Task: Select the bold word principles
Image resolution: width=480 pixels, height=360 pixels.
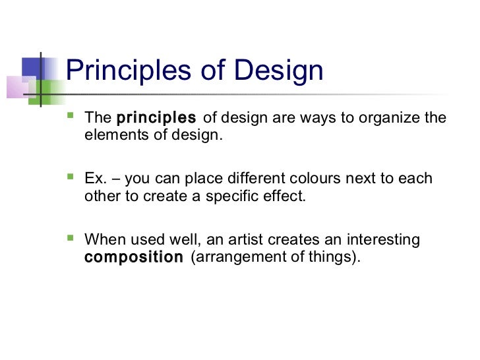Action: coord(156,119)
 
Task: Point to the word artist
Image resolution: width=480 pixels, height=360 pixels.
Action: coord(258,239)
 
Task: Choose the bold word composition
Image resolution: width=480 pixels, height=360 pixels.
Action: coord(134,256)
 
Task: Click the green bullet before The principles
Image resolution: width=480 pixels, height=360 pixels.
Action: coord(71,118)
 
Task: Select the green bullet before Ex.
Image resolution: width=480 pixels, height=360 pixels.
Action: coord(71,178)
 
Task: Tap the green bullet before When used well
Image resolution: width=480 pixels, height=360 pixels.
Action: coord(71,239)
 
